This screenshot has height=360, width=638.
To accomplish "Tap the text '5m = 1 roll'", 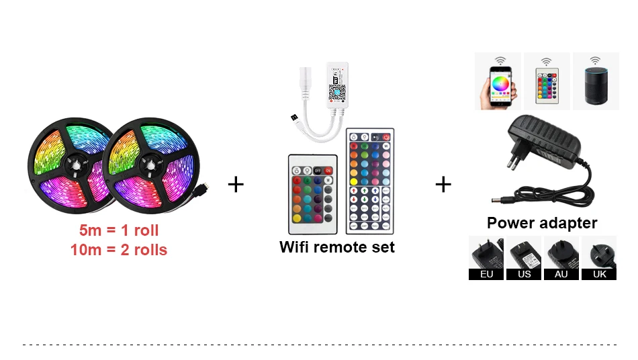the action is [119, 230].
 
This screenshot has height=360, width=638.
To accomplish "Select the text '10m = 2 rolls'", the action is [119, 250].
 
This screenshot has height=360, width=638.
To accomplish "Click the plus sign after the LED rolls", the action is [236, 184].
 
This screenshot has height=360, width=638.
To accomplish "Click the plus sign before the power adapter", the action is [443, 184].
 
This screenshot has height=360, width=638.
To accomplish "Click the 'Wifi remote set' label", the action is [337, 247].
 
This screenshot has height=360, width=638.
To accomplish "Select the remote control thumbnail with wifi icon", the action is [547, 81].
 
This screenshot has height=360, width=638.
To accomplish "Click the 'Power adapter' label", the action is [542, 223].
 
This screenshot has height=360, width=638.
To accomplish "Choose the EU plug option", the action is [487, 258].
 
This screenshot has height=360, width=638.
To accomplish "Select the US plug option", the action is [524, 258].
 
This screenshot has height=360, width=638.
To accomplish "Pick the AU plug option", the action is [561, 258].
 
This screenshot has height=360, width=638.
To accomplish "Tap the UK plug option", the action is [598, 258].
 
